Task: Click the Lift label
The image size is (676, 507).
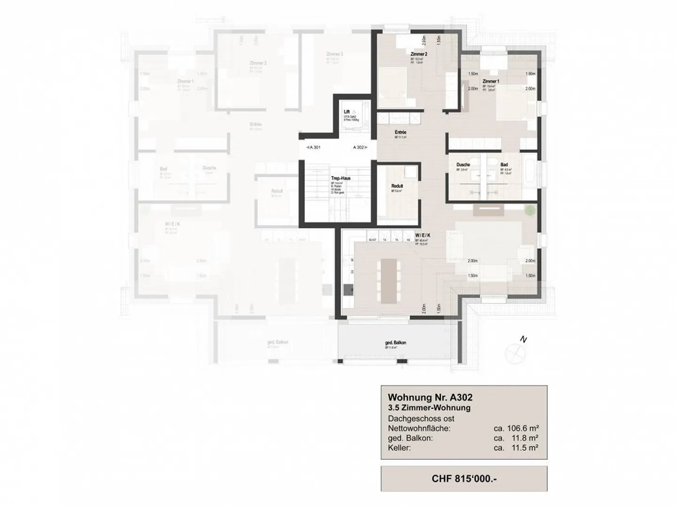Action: pos(346,112)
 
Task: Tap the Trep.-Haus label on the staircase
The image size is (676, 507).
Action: pos(341,178)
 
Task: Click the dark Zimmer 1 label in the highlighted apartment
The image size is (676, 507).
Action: pos(491,81)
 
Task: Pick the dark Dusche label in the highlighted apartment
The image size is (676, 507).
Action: pos(463,165)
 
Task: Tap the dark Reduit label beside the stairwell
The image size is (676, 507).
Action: pos(397,186)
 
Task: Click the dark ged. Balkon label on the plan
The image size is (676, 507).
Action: pos(395,343)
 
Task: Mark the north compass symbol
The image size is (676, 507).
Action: pos(512,350)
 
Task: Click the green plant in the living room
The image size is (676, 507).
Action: pos(529,210)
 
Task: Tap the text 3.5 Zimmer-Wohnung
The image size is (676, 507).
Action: pos(429,408)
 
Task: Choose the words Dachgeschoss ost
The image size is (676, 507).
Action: pos(421,418)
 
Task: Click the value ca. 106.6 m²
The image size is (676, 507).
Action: pos(515,428)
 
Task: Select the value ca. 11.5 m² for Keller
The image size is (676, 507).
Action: pos(515,448)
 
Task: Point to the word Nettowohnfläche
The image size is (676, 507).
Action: pos(419,428)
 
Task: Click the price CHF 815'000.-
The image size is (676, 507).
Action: pos(463,479)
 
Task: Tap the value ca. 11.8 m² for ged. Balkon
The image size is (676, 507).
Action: pos(515,438)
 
